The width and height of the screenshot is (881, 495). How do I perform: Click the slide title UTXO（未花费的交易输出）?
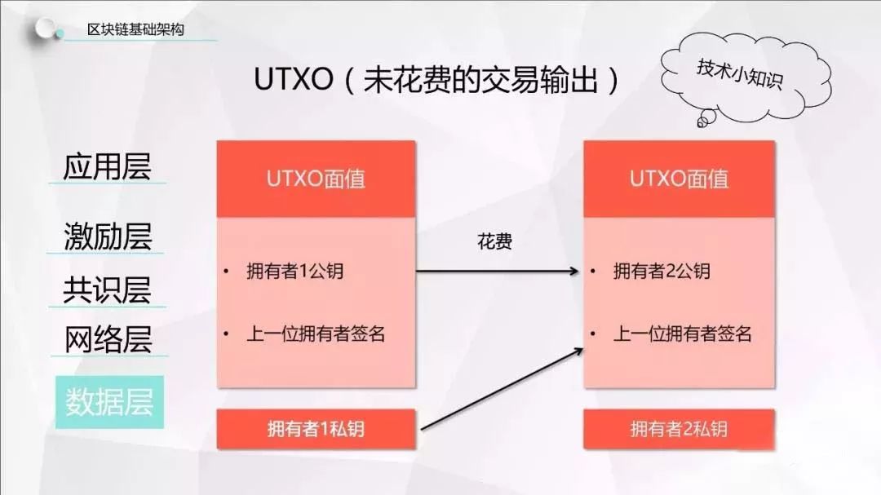(x=436, y=79)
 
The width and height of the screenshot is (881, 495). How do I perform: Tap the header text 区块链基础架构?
(x=135, y=29)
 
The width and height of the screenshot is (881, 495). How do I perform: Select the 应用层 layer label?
(x=107, y=166)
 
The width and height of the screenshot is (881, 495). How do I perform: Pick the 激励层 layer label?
(x=108, y=236)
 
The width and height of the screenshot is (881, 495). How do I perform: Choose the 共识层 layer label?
(x=107, y=290)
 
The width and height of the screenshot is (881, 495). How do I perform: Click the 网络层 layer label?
(x=108, y=339)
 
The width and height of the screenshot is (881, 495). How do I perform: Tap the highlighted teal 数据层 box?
(x=109, y=402)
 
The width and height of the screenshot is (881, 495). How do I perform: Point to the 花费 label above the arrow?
(x=494, y=242)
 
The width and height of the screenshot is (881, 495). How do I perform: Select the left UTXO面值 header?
(x=317, y=179)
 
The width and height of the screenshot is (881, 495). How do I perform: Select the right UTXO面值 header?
(x=680, y=179)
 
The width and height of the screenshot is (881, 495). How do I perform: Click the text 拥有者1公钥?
(x=295, y=272)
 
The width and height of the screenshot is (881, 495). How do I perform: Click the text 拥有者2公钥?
(x=662, y=272)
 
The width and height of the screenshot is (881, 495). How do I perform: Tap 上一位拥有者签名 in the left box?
(x=316, y=334)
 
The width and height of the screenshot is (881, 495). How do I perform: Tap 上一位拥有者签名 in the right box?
(x=683, y=334)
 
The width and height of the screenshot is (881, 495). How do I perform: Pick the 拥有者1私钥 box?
(x=317, y=429)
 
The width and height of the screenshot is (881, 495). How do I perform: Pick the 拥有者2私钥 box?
(x=680, y=429)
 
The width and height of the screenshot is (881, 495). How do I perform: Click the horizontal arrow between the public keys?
(x=498, y=272)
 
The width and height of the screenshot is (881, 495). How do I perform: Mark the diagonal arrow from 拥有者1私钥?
(x=502, y=389)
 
